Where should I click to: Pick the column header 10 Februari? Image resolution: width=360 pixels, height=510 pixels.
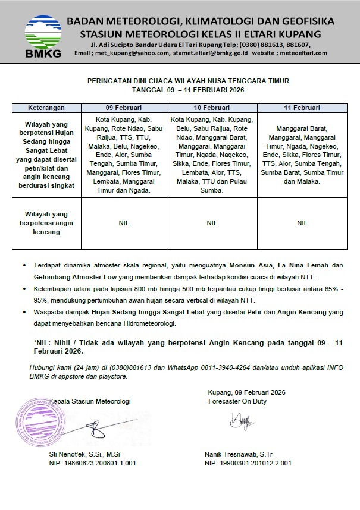[211, 108]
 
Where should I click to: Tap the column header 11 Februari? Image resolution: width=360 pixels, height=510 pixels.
[302, 108]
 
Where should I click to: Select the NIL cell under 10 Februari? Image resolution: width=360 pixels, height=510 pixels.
[211, 223]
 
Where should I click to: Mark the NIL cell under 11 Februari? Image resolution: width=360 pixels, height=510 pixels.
[302, 223]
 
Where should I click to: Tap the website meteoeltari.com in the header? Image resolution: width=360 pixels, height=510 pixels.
[303, 53]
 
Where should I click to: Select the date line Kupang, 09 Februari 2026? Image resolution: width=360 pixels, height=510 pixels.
[247, 392]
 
